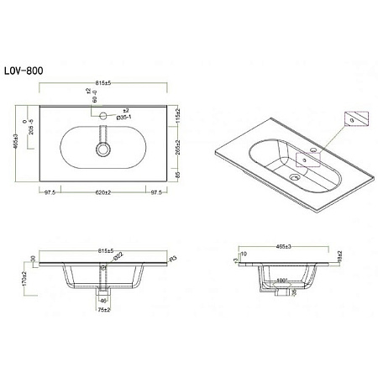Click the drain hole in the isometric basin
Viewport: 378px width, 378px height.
pos(293,177)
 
